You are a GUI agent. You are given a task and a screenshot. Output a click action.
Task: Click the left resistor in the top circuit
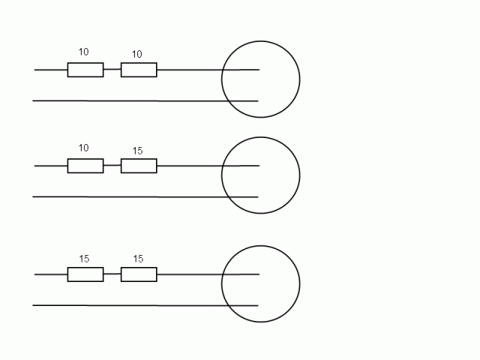click(x=85, y=70)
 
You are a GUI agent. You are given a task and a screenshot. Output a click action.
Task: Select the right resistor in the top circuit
click(x=139, y=70)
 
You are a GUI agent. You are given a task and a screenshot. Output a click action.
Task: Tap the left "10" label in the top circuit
click(x=83, y=52)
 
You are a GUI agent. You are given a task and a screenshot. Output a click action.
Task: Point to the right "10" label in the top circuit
click(x=136, y=54)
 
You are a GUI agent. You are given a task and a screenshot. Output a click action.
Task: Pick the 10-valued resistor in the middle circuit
click(x=85, y=166)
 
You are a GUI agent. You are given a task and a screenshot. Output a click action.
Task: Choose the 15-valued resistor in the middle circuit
click(x=139, y=166)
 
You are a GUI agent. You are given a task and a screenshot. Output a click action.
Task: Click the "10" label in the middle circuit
click(x=83, y=148)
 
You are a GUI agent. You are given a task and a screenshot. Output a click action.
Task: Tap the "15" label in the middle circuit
click(x=137, y=151)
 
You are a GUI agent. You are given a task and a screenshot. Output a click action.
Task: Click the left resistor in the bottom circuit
click(x=85, y=274)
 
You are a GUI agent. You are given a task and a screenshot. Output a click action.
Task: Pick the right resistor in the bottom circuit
click(x=139, y=274)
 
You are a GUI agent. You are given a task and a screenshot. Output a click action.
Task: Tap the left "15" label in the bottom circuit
click(x=84, y=259)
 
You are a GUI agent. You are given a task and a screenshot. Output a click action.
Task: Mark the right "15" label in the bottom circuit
click(x=138, y=259)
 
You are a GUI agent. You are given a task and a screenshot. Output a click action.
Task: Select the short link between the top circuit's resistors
click(x=112, y=70)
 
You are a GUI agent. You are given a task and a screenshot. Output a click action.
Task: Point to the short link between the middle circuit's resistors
click(x=112, y=166)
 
